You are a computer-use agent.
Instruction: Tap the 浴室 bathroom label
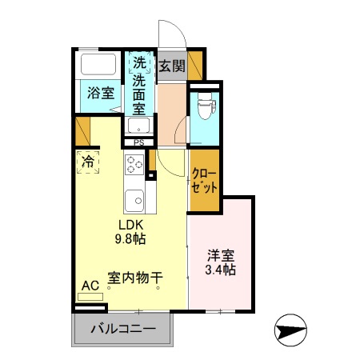pos(100,93)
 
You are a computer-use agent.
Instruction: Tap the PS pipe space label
pos(138,143)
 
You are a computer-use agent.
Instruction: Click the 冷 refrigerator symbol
pos(86,161)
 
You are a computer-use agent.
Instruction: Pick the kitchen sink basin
pos(134,197)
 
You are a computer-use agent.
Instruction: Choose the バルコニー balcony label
pos(122,327)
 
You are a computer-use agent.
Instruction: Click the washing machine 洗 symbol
pos(139,62)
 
